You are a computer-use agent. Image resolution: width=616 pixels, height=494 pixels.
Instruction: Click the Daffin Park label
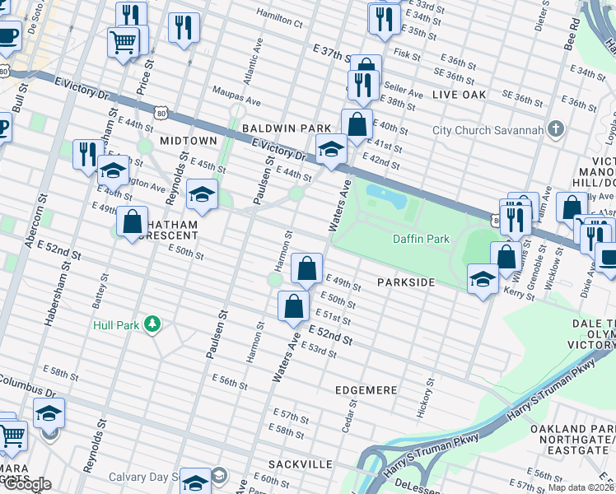[420, 239]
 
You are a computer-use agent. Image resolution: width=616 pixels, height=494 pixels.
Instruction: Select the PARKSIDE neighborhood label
[405, 282]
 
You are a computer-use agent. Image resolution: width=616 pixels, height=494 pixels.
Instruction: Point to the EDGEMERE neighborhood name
[366, 389]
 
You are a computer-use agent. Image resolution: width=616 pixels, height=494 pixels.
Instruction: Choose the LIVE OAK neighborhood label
[459, 96]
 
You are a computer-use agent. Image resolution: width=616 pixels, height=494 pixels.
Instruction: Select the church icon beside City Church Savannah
[556, 129]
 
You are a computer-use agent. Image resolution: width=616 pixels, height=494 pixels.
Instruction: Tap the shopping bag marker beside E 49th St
[306, 268]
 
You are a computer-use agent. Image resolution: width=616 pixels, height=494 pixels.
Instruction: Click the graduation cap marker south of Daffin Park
[483, 277]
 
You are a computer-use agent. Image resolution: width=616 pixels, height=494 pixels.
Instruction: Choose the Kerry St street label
[519, 292]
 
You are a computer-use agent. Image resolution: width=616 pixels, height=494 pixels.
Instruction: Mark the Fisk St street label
[408, 54]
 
